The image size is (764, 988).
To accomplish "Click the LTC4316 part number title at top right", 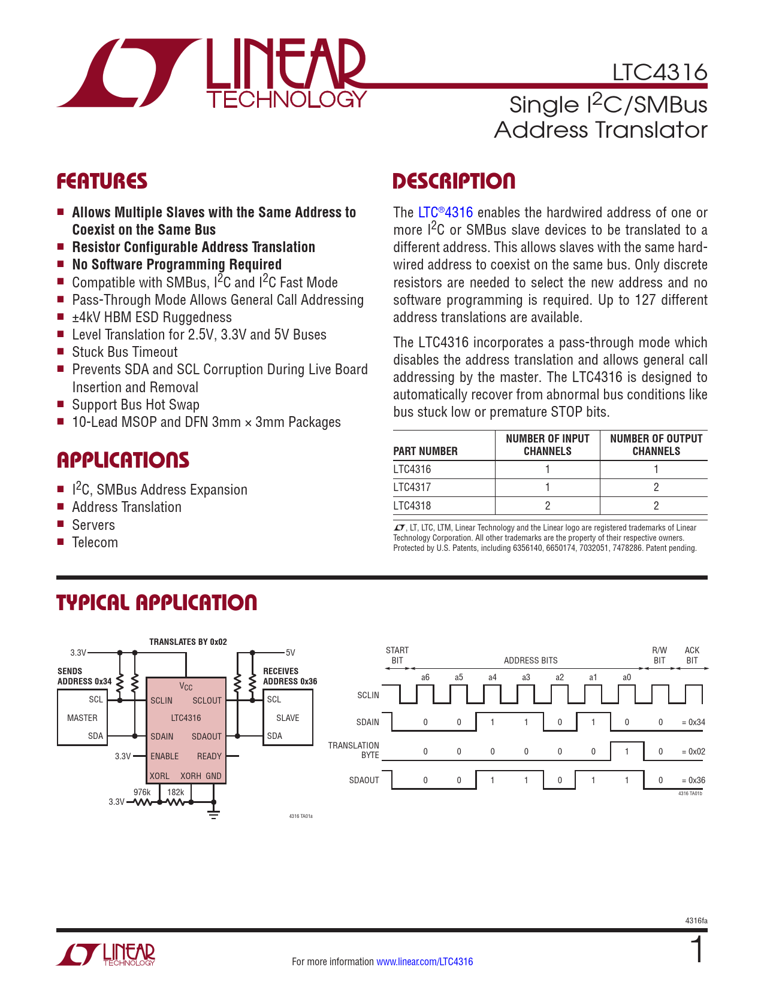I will coord(659,72).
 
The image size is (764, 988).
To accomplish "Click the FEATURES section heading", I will coord(102,181).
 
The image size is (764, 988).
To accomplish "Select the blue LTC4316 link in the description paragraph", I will coord(445,213).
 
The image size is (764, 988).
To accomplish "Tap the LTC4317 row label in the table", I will coord(412,487).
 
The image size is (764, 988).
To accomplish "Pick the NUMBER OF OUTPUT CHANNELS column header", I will coord(656,445).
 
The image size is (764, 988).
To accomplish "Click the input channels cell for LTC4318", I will coord(548,505).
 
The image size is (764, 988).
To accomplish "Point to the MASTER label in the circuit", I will coord(82,718).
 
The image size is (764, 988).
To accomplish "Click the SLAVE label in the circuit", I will coord(288,718).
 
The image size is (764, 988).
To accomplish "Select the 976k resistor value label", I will coord(142,792).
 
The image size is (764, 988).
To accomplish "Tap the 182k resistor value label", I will coord(176,792).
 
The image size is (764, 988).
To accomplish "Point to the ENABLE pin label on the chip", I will coord(164,756).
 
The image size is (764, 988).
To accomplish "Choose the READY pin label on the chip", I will coord(209,756).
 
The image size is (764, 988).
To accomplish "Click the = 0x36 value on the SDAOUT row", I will coord(693,780).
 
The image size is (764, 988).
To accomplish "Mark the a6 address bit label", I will coord(425,677).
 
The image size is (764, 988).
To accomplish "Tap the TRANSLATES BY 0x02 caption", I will coord(188,642).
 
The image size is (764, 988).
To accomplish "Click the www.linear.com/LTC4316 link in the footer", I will coord(424,962).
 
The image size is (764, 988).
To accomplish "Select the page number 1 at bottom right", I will coord(697,951).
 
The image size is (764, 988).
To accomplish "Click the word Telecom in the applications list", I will coord(95,543).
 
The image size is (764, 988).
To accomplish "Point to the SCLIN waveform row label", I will coord(368,695).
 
